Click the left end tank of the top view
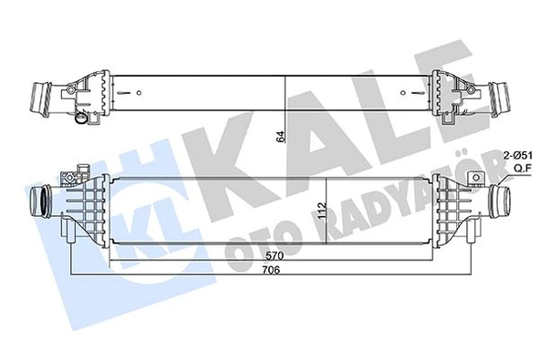pos(87,91)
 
